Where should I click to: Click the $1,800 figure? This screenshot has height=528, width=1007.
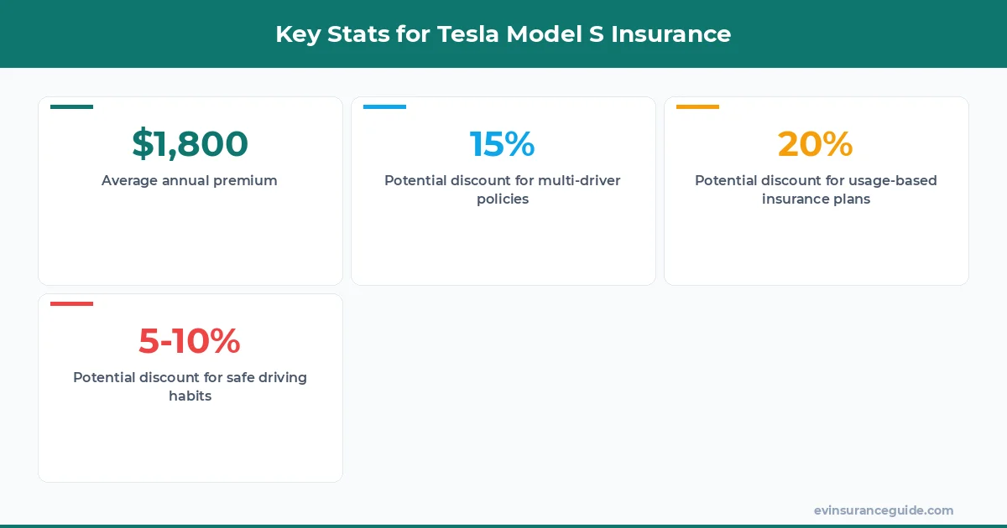[x=190, y=144]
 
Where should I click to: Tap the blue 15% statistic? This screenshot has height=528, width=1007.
[x=502, y=144]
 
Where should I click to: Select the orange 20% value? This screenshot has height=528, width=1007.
[x=815, y=144]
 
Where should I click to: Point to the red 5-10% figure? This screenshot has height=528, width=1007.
[x=190, y=340]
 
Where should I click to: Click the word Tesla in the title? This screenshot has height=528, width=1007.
[x=467, y=34]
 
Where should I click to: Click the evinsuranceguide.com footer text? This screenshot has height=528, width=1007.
[x=883, y=510]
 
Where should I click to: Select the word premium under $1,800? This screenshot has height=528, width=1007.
[x=245, y=181]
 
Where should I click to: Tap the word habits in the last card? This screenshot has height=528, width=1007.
[x=190, y=396]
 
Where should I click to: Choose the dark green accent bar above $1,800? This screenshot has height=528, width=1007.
[x=71, y=106]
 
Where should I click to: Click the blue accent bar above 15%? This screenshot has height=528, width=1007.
[x=384, y=106]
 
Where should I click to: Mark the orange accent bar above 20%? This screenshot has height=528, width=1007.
[x=697, y=106]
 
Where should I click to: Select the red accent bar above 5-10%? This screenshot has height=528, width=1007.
[x=71, y=303]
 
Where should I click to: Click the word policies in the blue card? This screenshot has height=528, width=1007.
[x=502, y=199]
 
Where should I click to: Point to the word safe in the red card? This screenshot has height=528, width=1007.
[x=227, y=378]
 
